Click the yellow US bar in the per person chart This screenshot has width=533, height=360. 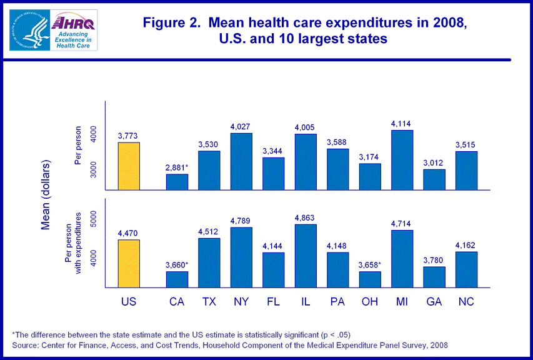(x=129, y=166)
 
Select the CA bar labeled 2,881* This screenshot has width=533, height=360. (x=177, y=182)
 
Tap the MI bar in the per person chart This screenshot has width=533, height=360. (x=402, y=160)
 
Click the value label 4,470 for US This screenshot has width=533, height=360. (x=129, y=233)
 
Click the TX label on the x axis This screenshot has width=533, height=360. (x=209, y=302)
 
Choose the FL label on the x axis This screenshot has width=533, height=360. (x=273, y=302)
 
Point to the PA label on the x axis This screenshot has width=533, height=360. (x=337, y=302)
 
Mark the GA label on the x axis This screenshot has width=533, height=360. (x=434, y=302)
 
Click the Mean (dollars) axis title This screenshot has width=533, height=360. (x=46, y=195)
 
